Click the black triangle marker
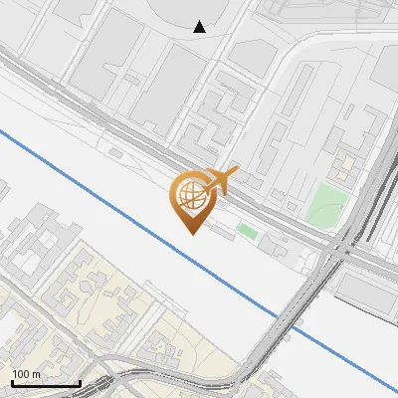[200, 27]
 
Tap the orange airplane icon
[218, 180]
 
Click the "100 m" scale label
[27, 374]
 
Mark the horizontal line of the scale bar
[46, 383]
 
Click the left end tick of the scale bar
[12, 381]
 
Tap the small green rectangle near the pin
[247, 232]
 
